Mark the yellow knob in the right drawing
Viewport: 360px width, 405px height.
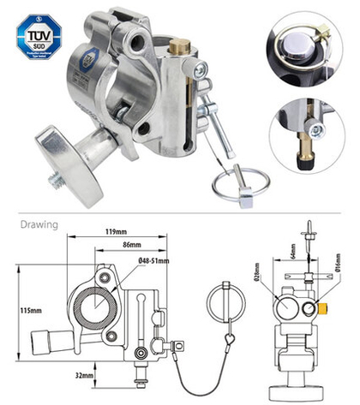pos(325,306)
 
